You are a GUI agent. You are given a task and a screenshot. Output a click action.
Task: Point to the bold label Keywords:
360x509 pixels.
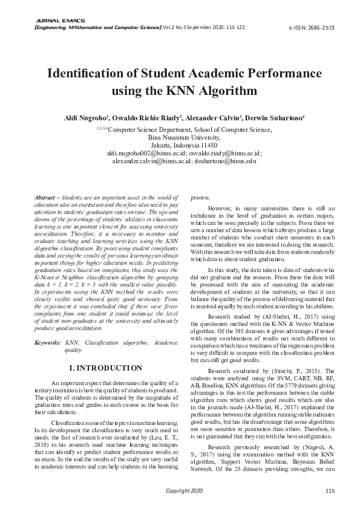tap(47, 342)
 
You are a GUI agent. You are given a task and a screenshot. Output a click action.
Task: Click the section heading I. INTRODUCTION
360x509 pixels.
tap(106, 368)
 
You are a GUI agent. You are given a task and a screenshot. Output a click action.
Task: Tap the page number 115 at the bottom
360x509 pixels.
tap(330, 490)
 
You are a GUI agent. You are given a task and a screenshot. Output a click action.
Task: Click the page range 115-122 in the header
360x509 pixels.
tap(235, 28)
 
